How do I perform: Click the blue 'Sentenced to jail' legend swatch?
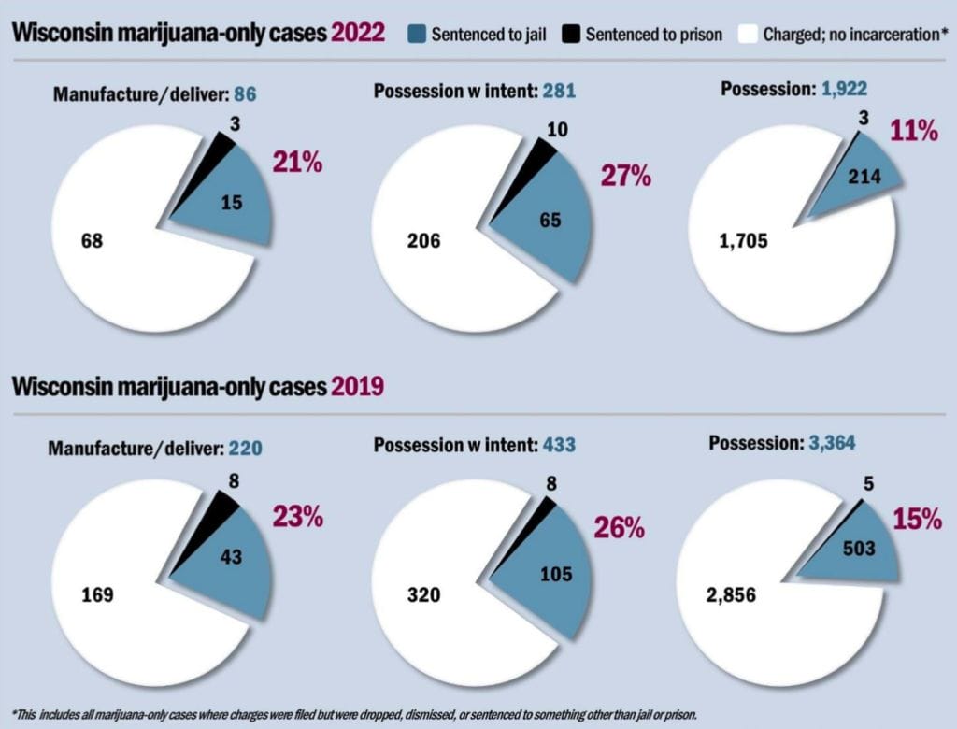coord(417,35)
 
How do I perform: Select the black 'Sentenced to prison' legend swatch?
coord(571,35)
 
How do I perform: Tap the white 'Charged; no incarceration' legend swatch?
coord(748,35)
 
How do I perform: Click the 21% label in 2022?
coord(297,163)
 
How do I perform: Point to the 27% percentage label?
coord(625,177)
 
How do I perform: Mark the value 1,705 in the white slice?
coord(743,241)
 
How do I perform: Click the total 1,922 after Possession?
coord(846,90)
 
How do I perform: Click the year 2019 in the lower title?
coord(358,386)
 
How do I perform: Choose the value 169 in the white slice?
coord(97,593)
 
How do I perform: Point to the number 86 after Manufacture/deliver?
coord(245,94)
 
